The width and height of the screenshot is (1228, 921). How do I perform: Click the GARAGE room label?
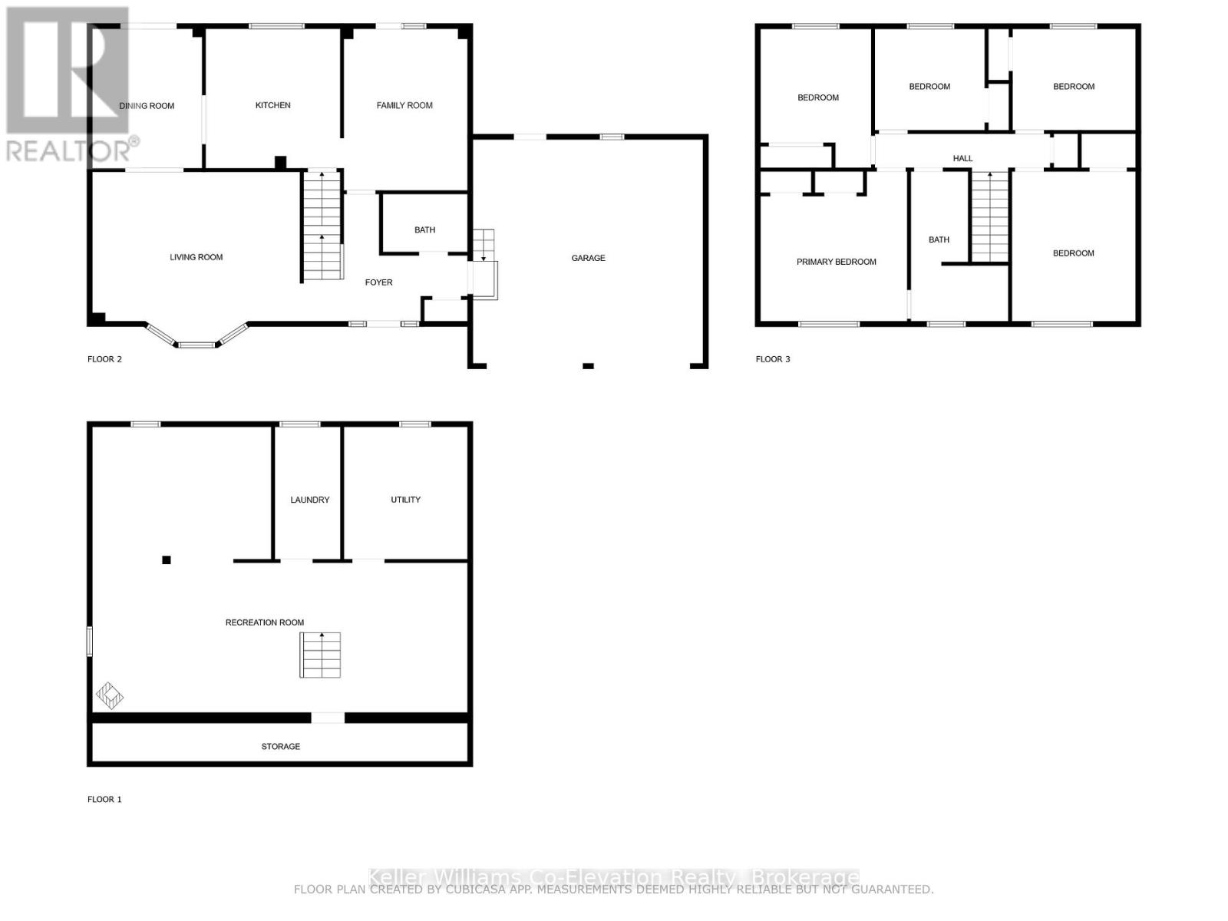(x=588, y=258)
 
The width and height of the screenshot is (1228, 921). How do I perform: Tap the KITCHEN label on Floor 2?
(x=272, y=105)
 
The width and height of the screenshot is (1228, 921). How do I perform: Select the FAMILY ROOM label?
(x=404, y=105)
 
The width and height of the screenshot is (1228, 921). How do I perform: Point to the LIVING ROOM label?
(x=196, y=257)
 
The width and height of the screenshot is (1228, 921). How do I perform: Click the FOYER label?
(x=378, y=282)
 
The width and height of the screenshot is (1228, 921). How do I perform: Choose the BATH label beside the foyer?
(x=424, y=229)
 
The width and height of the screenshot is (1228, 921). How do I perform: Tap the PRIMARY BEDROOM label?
(x=836, y=262)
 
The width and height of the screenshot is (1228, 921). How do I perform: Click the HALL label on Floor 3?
(x=962, y=158)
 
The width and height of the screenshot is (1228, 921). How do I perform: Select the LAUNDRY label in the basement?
(x=309, y=500)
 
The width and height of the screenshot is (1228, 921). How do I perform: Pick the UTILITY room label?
(x=405, y=500)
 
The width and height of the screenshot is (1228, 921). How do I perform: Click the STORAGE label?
(x=280, y=746)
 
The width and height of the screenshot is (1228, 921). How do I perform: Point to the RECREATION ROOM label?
(x=264, y=622)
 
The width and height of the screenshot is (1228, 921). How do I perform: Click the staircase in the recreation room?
(x=320, y=655)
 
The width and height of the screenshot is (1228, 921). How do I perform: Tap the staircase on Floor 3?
(x=989, y=216)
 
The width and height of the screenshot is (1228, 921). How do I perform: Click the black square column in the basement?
(x=167, y=560)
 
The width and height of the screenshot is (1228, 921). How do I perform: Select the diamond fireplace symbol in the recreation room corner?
(x=109, y=695)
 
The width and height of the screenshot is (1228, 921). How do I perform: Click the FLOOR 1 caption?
(x=104, y=799)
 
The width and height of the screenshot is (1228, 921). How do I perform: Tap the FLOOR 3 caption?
(x=773, y=359)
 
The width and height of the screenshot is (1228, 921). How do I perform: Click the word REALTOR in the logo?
(x=68, y=150)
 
